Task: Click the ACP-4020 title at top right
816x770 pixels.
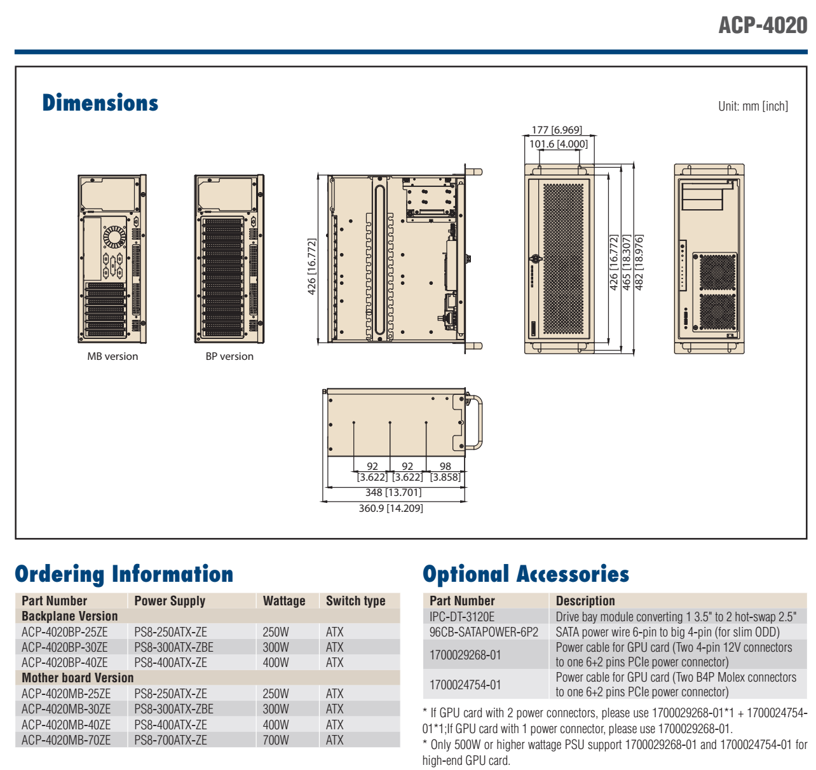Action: tap(763, 25)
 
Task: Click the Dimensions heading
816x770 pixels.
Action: tap(100, 103)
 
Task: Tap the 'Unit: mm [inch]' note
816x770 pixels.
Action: tap(752, 106)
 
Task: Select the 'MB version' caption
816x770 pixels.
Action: tap(112, 357)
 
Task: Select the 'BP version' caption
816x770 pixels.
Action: tap(229, 357)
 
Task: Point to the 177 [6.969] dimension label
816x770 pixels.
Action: tap(557, 130)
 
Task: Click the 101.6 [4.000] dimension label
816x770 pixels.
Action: tap(559, 144)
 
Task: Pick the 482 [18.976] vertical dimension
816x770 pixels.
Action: tap(639, 263)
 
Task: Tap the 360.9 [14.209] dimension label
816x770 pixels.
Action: tap(391, 509)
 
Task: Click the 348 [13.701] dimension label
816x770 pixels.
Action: tap(393, 493)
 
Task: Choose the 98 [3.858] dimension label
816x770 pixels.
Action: tap(445, 472)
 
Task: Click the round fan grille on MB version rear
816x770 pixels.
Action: tap(114, 237)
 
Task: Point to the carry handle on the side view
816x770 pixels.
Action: tap(476, 422)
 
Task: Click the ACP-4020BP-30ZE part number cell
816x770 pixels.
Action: tap(65, 647)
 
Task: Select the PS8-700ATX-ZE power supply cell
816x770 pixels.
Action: tap(170, 740)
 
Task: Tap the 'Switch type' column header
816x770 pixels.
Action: tap(356, 601)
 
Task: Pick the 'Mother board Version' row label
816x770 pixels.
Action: tap(78, 678)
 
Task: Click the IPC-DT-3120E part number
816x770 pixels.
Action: tap(462, 617)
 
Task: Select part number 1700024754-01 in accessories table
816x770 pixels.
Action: tap(465, 685)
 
